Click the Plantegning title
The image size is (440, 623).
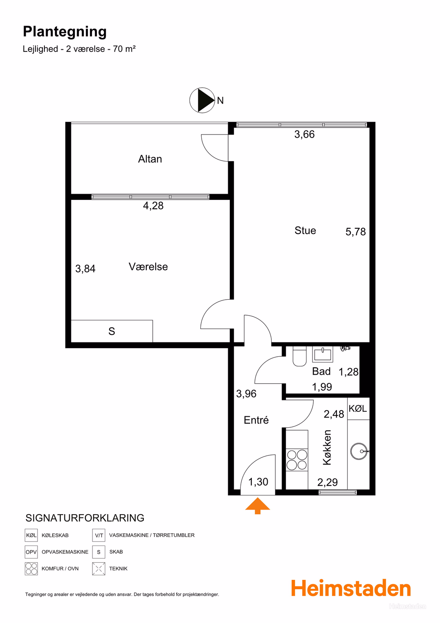65,32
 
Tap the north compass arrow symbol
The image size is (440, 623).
202,100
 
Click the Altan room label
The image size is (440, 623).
150,159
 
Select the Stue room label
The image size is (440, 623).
305,230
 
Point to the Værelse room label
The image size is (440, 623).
148,266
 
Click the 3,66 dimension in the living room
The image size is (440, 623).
304,134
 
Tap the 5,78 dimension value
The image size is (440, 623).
356,232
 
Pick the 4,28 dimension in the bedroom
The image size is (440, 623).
153,205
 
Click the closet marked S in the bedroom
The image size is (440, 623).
112,331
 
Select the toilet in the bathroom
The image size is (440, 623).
299,356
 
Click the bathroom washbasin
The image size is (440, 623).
322,354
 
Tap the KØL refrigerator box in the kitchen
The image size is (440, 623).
358,408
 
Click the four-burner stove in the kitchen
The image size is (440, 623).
297,460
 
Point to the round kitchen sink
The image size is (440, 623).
359,451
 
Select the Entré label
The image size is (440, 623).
256,420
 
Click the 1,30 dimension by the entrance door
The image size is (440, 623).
258,482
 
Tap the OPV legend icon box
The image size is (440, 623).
31,552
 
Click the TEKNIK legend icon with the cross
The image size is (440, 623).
99,568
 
